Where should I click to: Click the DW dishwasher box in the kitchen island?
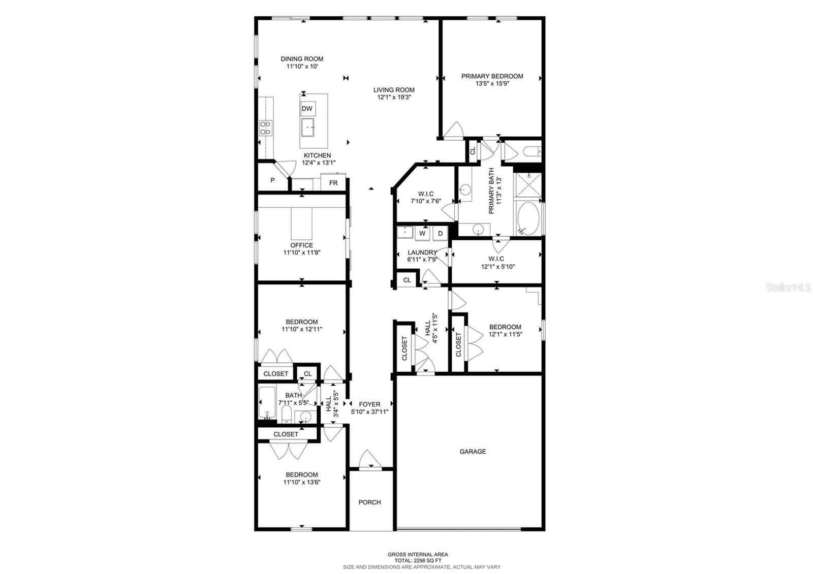[x=307, y=109]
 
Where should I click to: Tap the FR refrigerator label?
[x=333, y=183]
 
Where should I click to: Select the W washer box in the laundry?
[x=422, y=234]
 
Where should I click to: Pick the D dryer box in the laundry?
[x=440, y=234]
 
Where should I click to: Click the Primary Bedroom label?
[x=492, y=76]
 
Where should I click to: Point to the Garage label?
[x=473, y=451]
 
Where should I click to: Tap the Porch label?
[x=369, y=502]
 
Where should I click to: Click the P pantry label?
[x=272, y=180]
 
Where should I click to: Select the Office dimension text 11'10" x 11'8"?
[x=302, y=252]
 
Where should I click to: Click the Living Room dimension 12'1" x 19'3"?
[x=394, y=97]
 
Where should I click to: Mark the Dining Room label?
[x=302, y=59]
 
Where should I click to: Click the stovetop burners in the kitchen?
[x=265, y=127]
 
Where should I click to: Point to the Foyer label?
[x=369, y=404]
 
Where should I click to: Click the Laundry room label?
[x=422, y=252]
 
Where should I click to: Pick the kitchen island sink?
[x=308, y=127]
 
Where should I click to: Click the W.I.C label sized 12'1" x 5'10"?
[x=498, y=266]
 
